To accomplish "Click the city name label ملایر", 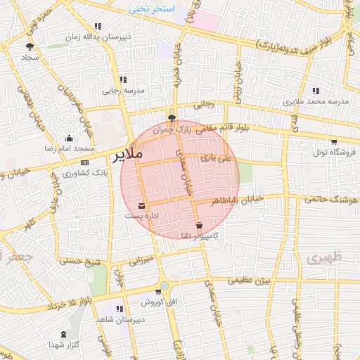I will pos(127,153).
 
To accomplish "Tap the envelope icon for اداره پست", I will pos(143,206).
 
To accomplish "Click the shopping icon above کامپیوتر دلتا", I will pos(200,225).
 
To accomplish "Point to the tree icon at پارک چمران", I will pos(172,118).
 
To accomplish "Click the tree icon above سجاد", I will pos(29,46).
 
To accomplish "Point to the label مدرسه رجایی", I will pos(124,90).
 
